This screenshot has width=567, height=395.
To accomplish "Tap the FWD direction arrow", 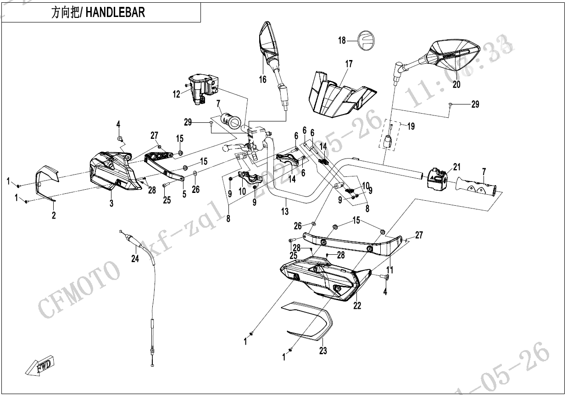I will coord(40,367).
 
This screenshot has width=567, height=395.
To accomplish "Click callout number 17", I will coord(349,64).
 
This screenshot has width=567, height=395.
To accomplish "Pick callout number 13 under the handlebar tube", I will coord(285,211).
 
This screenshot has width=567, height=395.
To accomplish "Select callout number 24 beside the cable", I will coord(135,259).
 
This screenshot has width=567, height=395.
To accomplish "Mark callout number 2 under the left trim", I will coord(54,215).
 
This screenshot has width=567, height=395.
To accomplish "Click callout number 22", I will coord(357,306).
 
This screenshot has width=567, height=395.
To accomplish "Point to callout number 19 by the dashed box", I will coord(411,126).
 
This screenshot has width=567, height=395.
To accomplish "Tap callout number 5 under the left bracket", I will coord(184,194).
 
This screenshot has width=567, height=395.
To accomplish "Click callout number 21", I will coord(456,167).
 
